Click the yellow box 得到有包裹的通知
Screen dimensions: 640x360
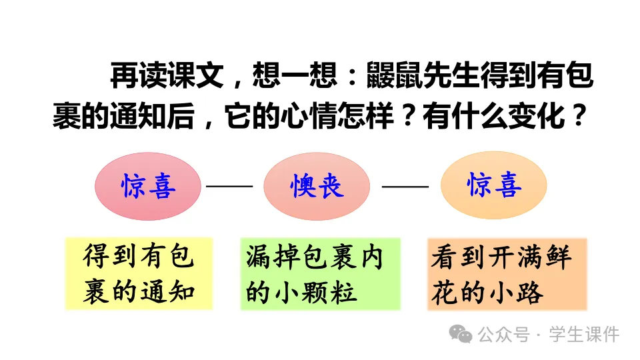(139, 273)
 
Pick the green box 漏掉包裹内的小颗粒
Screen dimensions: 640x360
(320, 273)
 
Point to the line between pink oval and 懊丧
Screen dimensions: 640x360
(229, 186)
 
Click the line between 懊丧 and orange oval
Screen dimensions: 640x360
(405, 186)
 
